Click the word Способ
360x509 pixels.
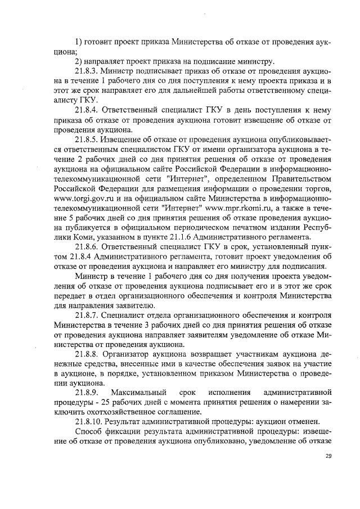point(88,431)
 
